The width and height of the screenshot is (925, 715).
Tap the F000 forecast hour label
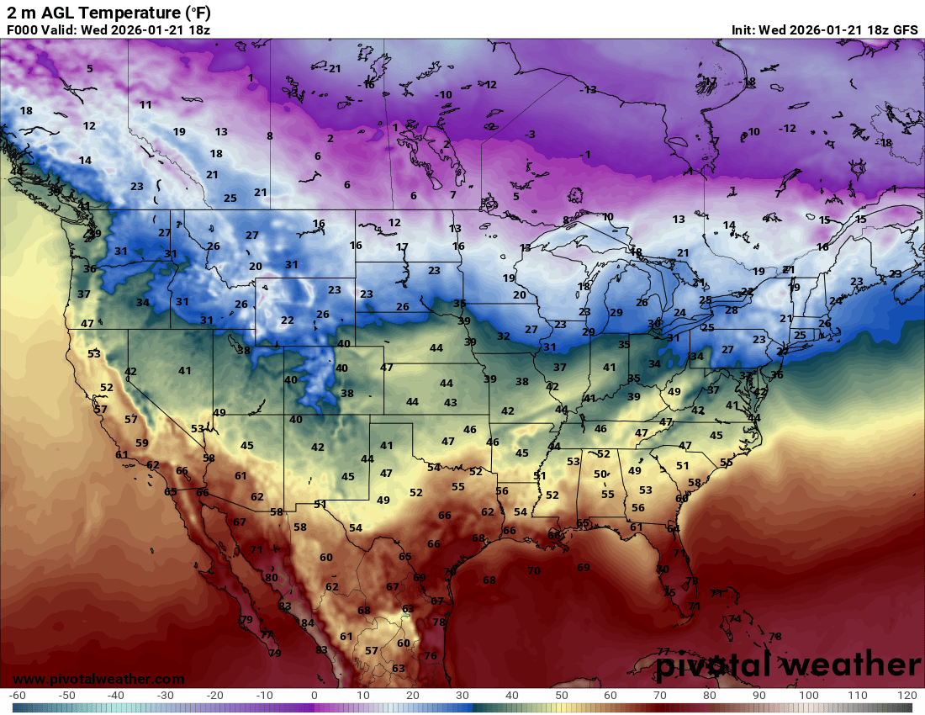[23, 29]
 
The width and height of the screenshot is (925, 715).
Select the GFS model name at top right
[905, 29]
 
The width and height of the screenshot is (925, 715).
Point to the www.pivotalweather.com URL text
[98, 679]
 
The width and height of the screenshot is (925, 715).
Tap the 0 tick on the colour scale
[314, 696]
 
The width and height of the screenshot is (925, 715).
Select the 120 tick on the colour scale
[906, 696]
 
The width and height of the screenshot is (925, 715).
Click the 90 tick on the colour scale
[758, 696]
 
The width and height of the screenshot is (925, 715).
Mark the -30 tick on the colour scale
[165, 696]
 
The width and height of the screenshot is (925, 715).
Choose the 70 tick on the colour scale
[659, 696]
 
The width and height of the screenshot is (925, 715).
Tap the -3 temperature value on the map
[529, 135]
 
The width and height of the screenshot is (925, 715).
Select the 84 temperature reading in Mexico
[308, 623]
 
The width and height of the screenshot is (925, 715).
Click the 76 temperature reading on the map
[431, 656]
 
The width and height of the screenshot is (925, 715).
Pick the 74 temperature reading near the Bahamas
[735, 619]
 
